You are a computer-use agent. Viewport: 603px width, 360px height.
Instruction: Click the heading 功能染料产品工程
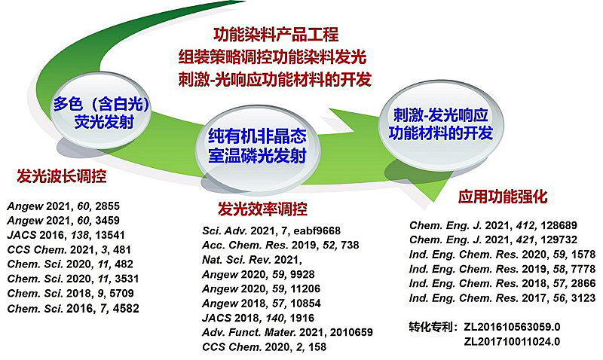click(276, 35)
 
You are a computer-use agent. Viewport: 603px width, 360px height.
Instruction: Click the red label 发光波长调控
click(62, 178)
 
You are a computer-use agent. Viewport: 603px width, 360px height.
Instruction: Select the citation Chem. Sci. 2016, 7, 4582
click(72, 308)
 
